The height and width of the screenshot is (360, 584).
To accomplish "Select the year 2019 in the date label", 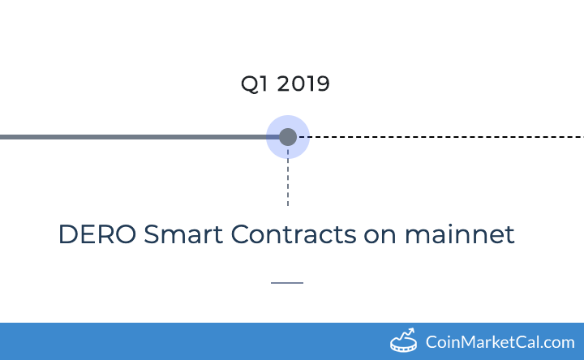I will [x=303, y=84].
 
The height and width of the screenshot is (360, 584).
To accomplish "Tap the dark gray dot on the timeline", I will [x=287, y=137].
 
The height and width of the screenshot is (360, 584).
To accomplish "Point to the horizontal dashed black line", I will [x=446, y=137].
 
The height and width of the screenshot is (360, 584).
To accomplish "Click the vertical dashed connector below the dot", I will [x=287, y=182].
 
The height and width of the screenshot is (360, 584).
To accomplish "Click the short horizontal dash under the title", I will [x=286, y=283].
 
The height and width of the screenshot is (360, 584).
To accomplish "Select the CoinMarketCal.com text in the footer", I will [x=500, y=342].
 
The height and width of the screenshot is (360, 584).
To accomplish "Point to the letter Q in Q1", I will [x=250, y=84].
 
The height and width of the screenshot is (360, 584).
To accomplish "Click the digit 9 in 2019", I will [x=323, y=84].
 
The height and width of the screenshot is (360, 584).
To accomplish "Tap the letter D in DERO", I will [x=68, y=235].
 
